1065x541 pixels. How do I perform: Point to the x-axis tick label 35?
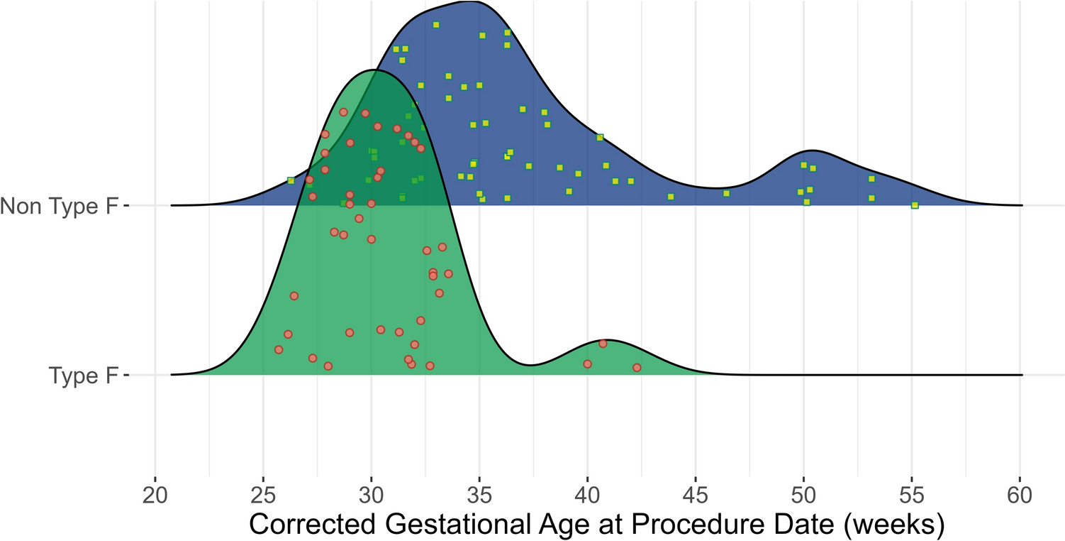(479, 494)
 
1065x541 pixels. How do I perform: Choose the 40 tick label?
(587, 494)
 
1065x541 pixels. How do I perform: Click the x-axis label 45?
(696, 494)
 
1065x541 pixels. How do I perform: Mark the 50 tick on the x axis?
(804, 494)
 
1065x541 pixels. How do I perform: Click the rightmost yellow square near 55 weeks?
(915, 205)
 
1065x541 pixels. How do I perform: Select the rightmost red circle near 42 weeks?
(637, 368)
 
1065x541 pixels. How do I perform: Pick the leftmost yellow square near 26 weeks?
(291, 181)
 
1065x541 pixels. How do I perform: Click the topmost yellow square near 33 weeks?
(436, 25)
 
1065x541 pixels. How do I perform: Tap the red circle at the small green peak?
(603, 344)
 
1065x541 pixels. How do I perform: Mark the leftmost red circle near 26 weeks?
(279, 349)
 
